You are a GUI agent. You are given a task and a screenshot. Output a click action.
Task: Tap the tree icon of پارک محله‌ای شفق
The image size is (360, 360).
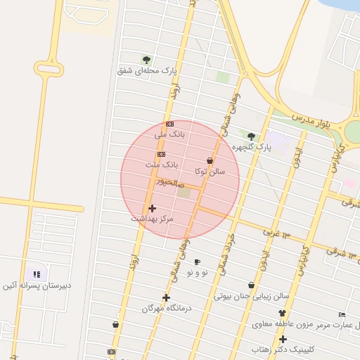(146, 60)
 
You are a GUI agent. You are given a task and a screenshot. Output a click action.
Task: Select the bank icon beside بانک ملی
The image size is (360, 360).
(169, 124)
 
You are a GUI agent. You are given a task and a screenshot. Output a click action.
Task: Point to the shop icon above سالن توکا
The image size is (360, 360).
(210, 160)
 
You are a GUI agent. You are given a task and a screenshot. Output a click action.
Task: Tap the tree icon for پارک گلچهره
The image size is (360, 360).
(251, 136)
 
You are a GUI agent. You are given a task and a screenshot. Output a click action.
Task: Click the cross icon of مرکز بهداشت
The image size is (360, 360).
(152, 208)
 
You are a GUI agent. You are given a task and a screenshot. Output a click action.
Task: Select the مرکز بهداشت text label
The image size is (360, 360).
(152, 219)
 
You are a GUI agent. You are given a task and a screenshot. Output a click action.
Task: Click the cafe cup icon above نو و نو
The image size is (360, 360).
(197, 262)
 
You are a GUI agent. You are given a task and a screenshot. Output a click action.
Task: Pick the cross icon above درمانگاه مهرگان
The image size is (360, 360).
(166, 297)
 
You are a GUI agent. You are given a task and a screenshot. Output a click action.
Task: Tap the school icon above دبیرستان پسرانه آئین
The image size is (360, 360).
(37, 274)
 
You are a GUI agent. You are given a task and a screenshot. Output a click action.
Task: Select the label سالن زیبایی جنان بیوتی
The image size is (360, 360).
(252, 296)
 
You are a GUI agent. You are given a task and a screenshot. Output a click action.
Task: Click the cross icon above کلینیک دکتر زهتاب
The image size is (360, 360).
(283, 339)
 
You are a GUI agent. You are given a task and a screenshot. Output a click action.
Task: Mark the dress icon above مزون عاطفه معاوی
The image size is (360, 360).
(283, 313)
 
